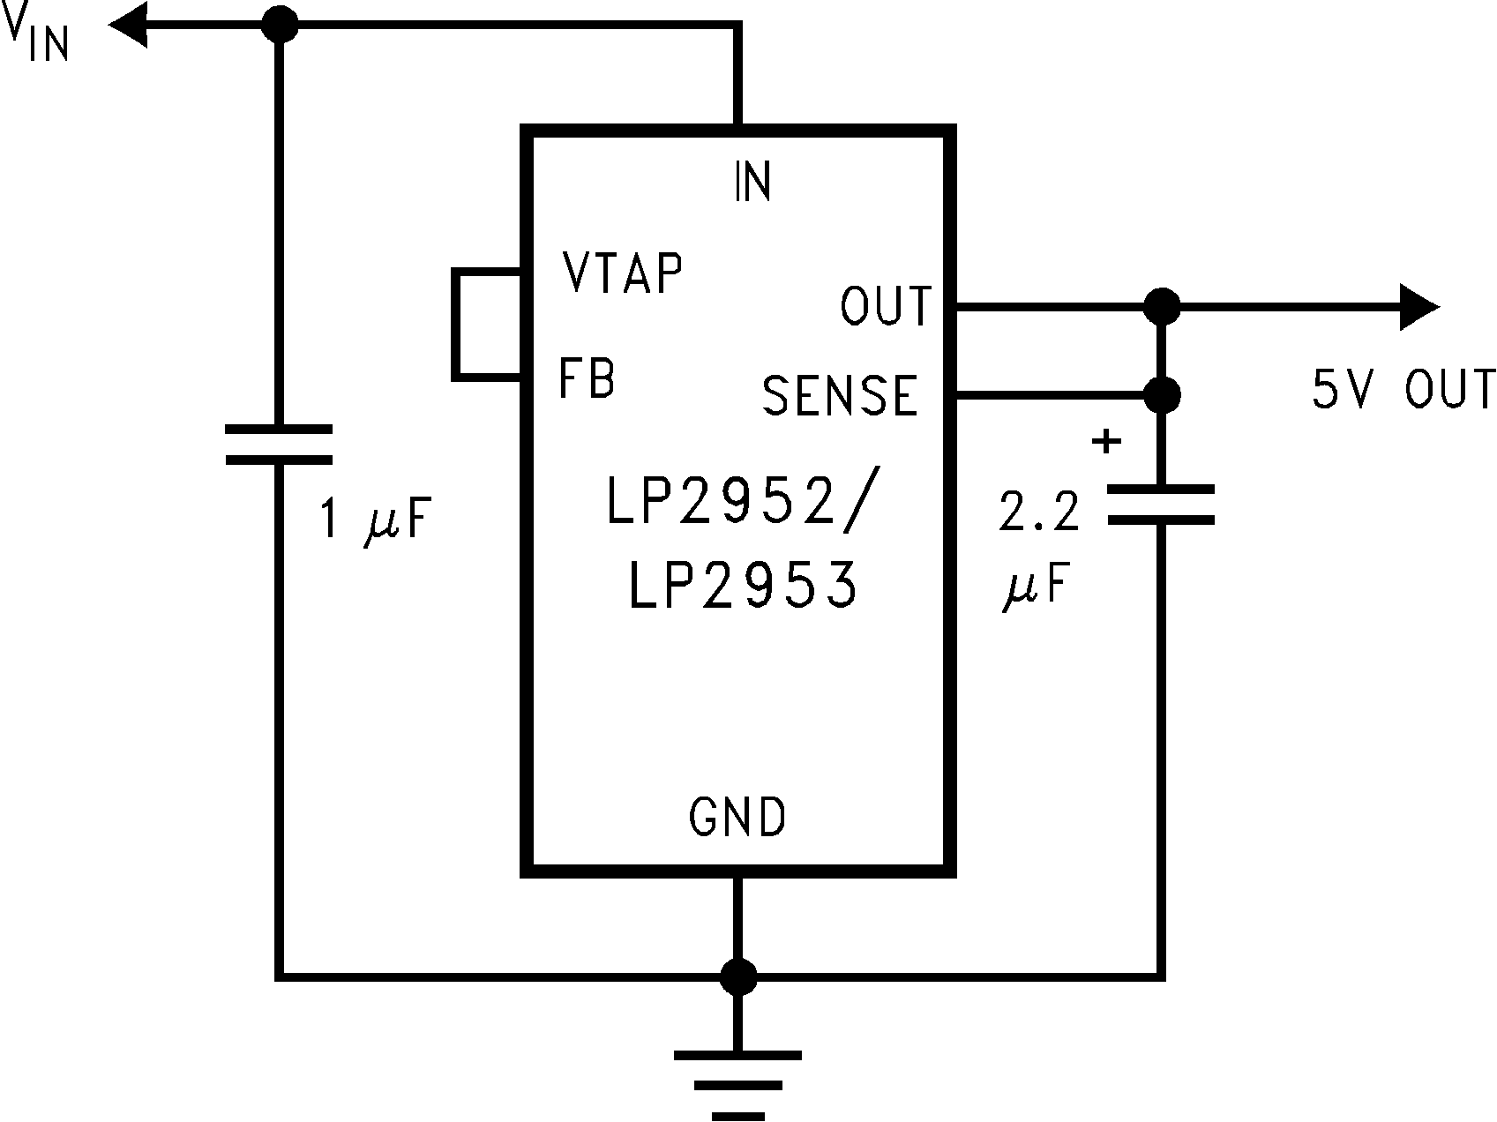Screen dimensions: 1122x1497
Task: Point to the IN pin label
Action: click(752, 182)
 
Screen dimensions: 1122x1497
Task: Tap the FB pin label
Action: click(587, 378)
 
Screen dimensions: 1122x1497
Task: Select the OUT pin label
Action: click(885, 306)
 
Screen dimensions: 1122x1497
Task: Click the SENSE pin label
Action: click(841, 395)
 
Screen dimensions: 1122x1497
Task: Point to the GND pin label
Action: click(737, 817)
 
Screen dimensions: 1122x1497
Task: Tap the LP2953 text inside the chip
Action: click(743, 586)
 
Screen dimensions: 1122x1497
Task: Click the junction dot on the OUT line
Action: click(1161, 306)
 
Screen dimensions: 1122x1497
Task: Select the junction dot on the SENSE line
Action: click(1161, 395)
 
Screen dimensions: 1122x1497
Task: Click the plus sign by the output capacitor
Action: click(1105, 441)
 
